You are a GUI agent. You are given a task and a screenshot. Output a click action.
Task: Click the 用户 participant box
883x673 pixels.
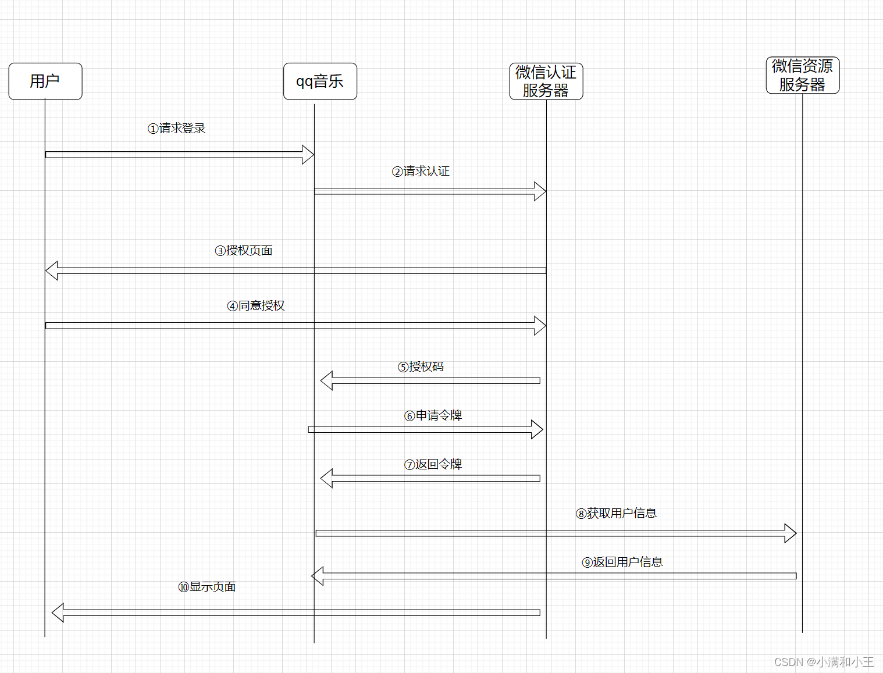45,81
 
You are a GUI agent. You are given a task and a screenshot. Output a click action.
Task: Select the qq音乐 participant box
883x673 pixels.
320,81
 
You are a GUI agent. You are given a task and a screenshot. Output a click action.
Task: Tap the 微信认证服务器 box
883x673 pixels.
546,81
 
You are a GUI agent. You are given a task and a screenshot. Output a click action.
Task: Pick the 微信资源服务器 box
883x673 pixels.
803,75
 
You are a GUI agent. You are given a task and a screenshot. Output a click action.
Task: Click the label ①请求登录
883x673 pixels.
176,129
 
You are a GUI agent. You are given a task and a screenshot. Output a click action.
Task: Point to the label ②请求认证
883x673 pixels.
421,172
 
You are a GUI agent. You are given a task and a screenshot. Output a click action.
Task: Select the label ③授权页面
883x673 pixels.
244,251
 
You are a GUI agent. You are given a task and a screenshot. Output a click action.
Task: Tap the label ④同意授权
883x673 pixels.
256,306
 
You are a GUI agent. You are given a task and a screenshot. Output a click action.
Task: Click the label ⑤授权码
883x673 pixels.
421,367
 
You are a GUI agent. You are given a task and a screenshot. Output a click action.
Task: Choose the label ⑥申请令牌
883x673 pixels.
433,416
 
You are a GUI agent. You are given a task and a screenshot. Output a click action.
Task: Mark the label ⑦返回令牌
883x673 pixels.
433,465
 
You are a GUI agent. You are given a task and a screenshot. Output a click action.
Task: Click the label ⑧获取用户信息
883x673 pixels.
616,514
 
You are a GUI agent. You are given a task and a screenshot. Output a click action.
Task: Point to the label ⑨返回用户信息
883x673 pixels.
622,562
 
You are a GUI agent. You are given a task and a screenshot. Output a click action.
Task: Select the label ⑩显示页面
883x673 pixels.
207,587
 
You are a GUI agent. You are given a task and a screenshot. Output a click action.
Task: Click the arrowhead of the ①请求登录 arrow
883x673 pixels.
308,155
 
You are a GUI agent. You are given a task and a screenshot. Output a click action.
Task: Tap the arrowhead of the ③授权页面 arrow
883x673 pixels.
52,270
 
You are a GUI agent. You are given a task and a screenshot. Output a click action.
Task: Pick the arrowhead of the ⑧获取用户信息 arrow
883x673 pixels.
791,533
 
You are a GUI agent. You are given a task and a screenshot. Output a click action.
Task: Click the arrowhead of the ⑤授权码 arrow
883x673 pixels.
326,380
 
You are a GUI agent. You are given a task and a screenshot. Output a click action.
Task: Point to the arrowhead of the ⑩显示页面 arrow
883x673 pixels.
58,613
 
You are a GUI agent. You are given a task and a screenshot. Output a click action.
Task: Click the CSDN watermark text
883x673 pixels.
824,662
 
